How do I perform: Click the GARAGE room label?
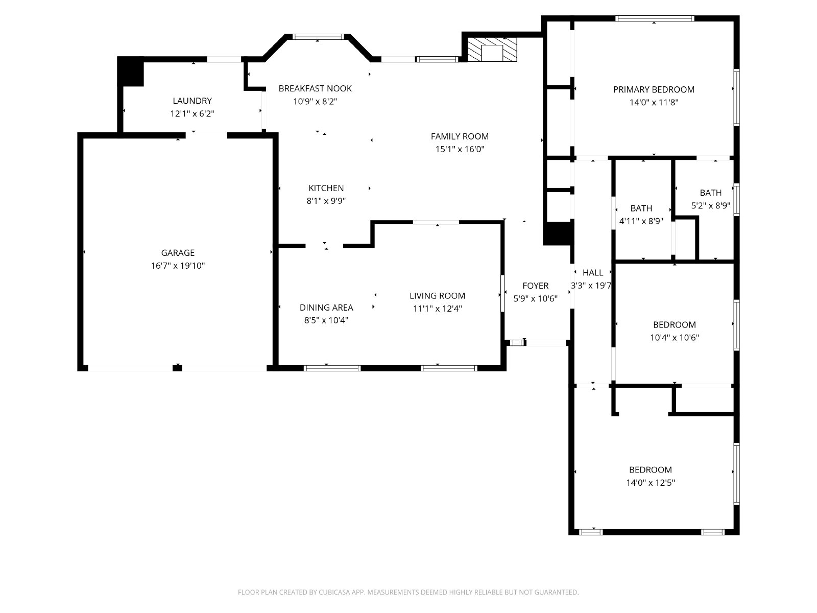[178, 253]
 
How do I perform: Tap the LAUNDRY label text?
[192, 101]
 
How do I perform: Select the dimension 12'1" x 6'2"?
[192, 113]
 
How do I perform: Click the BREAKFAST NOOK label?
[315, 88]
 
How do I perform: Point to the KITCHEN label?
[326, 188]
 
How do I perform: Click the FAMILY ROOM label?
[460, 136]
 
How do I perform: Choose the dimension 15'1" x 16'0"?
[460, 149]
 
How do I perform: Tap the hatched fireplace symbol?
[492, 50]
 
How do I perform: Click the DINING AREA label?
[326, 308]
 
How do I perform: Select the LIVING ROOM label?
[437, 296]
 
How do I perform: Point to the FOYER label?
[535, 286]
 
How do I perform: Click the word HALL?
[592, 273]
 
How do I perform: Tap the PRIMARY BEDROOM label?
[654, 90]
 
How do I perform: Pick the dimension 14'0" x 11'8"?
[654, 102]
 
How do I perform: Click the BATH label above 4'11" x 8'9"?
[641, 208]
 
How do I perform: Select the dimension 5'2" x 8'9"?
[711, 205]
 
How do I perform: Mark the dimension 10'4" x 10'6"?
[675, 338]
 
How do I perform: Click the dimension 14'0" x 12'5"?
[650, 483]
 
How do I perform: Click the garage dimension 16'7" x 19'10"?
[178, 266]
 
